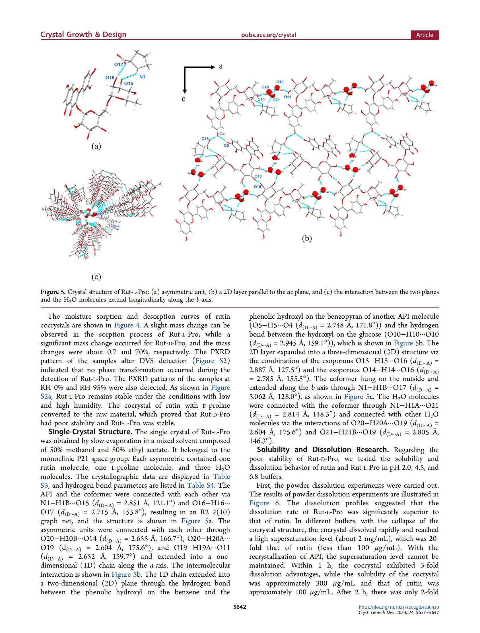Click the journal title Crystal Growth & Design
coord(83,35)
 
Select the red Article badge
coord(425,35)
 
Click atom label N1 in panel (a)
coord(142,77)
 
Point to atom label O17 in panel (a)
coord(118,64)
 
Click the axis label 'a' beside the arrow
coord(221,66)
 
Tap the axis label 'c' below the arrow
coord(184,99)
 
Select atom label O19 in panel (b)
coord(280,82)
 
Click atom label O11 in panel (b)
coord(287,97)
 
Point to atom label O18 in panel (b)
coord(205,139)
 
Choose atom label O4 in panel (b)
coord(222,134)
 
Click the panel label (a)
coord(96,146)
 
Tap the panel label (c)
coord(96,277)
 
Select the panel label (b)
coord(307,238)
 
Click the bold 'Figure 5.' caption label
coord(53,292)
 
